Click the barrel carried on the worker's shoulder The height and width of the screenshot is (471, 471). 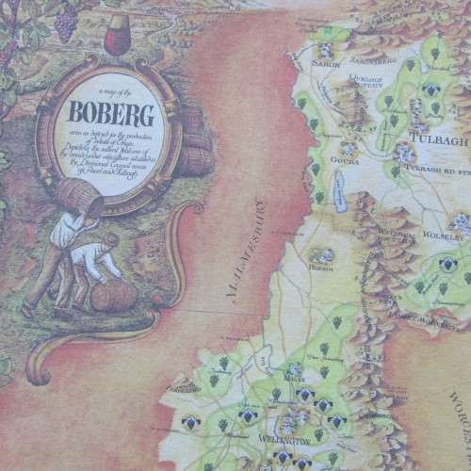pyautogui.click(x=82, y=195)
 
